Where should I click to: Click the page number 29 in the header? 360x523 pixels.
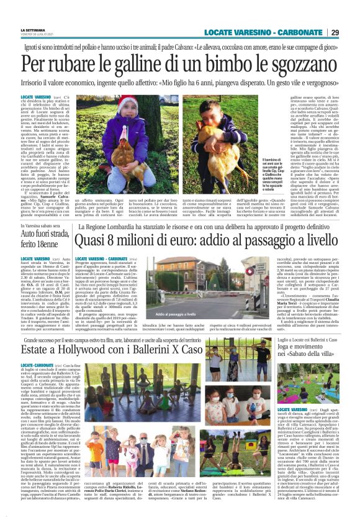[349, 32]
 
